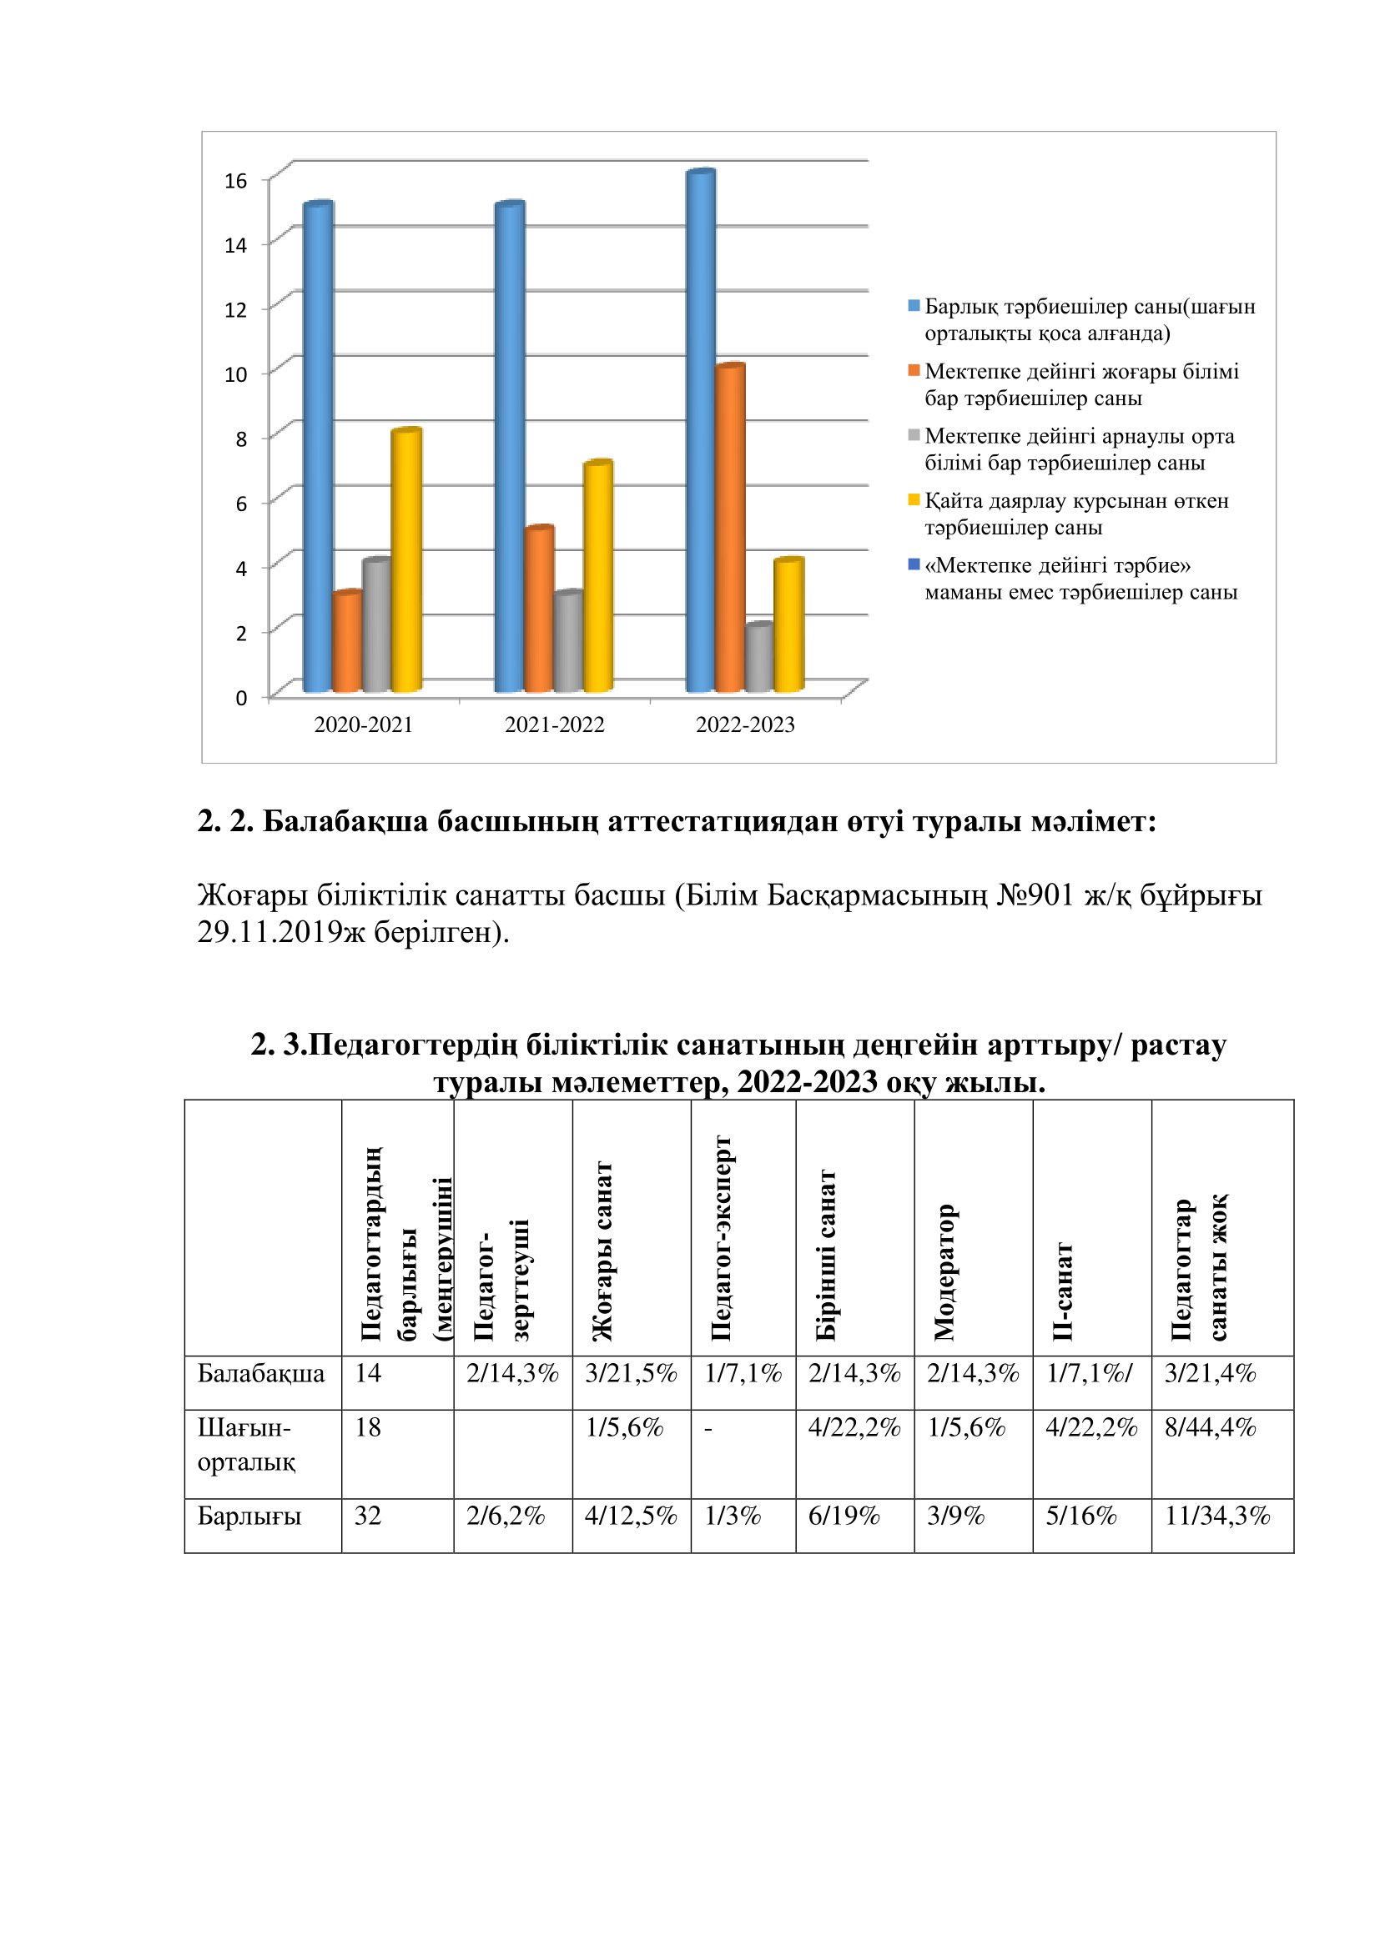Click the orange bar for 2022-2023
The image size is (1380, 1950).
click(x=730, y=527)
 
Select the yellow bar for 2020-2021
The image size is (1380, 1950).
click(x=406, y=560)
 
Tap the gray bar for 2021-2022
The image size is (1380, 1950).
click(x=567, y=641)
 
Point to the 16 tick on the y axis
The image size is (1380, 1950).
click(x=235, y=181)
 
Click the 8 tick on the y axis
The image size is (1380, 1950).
click(x=241, y=439)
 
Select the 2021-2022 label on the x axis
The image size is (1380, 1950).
click(x=554, y=724)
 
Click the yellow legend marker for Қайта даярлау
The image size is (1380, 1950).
click(x=914, y=499)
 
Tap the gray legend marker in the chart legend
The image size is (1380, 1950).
click(x=914, y=435)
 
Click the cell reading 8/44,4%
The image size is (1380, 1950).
click(x=1210, y=1427)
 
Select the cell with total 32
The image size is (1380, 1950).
click(x=368, y=1516)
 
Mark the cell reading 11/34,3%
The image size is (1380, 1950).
click(x=1216, y=1516)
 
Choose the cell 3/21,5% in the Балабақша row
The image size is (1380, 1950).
click(x=631, y=1373)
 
